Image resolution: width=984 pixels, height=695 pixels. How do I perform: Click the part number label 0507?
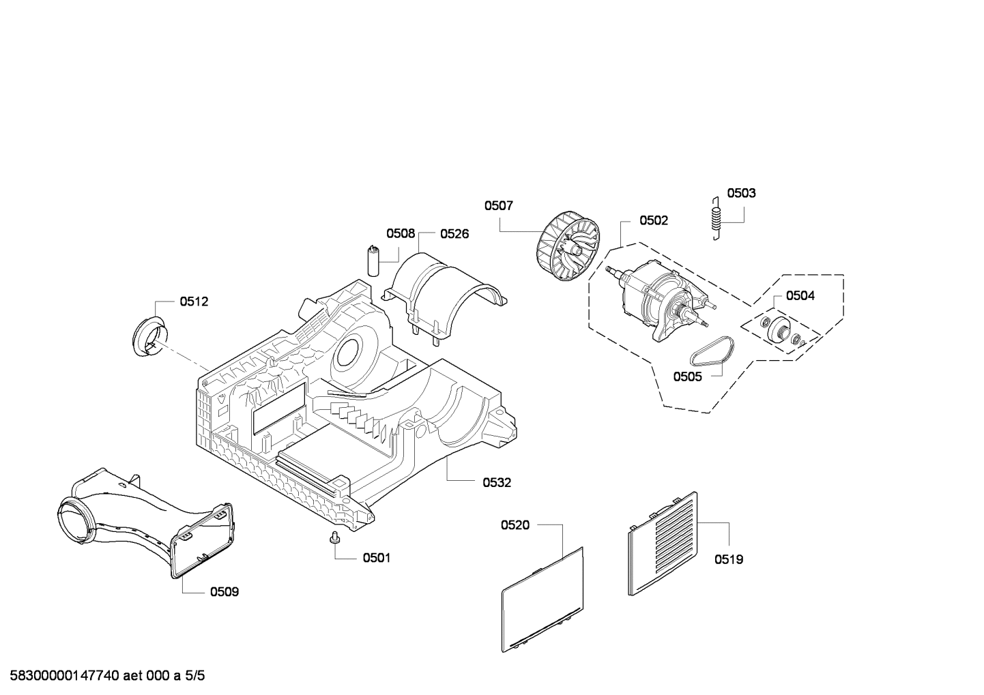499,206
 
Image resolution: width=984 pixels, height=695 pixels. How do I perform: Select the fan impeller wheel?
568,246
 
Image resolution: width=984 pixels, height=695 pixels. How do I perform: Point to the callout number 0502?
654,220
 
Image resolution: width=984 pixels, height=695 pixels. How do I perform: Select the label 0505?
687,376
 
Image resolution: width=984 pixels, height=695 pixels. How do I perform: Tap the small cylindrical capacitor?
373,261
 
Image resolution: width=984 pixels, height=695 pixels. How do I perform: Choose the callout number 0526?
454,234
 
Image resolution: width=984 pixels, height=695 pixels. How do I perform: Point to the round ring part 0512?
149,336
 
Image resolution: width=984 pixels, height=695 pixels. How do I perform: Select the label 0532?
497,483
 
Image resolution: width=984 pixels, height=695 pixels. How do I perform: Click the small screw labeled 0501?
335,538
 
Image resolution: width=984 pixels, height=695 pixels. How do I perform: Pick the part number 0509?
225,592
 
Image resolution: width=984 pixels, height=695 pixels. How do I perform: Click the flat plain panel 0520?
542,600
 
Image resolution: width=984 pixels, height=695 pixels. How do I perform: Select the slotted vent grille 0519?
663,544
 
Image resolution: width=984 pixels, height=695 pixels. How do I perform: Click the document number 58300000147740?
65,676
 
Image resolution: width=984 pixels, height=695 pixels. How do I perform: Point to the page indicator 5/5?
194,676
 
